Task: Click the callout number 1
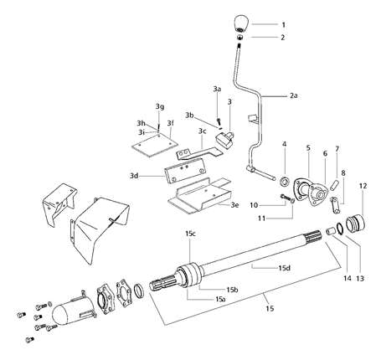click(283, 25)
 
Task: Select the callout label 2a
click(293, 96)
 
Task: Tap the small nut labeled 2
click(240, 38)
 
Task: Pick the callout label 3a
click(216, 88)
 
